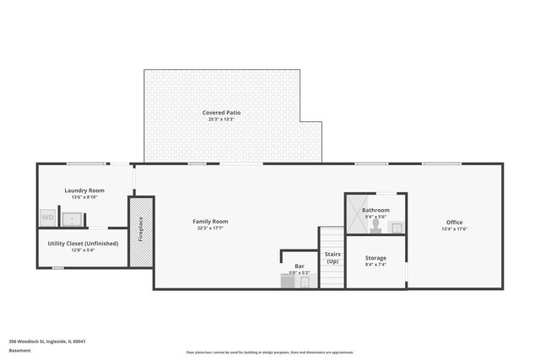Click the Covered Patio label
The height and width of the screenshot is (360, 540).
coord(221,112)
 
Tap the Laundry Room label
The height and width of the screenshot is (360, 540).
coord(84,191)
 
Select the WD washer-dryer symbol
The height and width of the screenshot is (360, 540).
coord(48,218)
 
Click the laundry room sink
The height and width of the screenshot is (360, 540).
coord(74,219)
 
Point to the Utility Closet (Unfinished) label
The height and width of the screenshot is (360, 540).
coord(84,243)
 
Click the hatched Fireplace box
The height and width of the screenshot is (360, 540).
coord(141,231)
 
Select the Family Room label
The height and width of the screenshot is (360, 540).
coord(211,221)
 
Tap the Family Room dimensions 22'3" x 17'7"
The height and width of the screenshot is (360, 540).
coord(211,228)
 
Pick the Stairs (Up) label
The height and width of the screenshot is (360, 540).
coord(332,256)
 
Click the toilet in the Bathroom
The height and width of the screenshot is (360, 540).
coord(375,226)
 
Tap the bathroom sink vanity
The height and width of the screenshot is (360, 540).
coord(397,228)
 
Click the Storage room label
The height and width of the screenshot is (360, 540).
coord(375,257)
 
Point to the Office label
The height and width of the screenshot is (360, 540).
coord(454,222)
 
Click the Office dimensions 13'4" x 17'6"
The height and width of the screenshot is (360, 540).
coord(454,228)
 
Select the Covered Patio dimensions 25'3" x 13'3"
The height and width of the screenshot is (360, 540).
coord(221,119)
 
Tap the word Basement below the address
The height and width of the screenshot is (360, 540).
coord(19,350)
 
